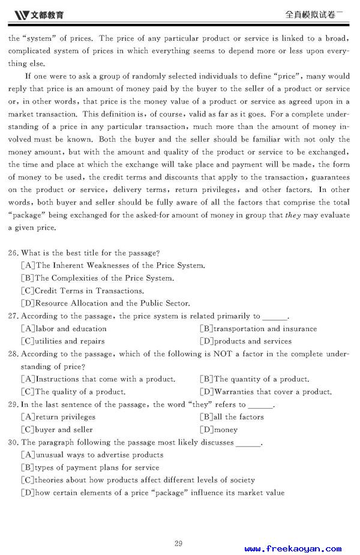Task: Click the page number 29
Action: click(x=178, y=544)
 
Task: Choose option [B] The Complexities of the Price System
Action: click(x=97, y=278)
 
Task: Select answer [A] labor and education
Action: click(x=64, y=328)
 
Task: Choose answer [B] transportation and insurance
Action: click(x=258, y=328)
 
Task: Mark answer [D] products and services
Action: click(x=245, y=341)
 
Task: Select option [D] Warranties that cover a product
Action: click(x=265, y=392)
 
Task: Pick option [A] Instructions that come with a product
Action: click(x=98, y=379)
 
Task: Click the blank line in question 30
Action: click(x=248, y=443)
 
